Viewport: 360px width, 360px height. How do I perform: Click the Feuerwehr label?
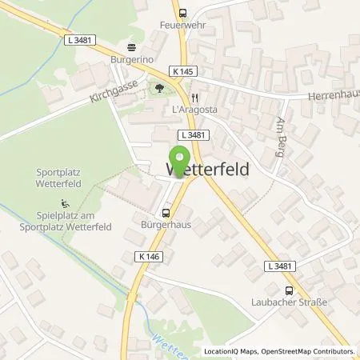pos(182,26)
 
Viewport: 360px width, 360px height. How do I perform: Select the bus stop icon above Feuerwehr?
pos(182,12)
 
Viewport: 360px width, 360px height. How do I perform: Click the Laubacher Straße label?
pos(290,304)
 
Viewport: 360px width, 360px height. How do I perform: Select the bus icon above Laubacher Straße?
pos(290,290)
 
